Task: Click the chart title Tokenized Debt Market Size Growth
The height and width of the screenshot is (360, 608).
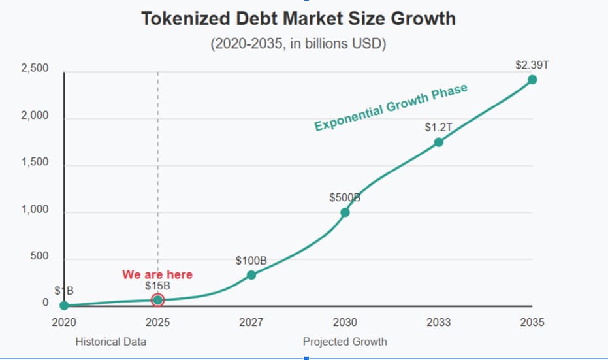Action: (298, 18)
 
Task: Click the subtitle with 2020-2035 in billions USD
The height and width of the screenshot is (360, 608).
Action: (298, 44)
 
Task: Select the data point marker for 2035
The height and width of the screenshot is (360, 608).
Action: (532, 80)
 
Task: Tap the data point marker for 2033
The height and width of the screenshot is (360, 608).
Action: (439, 142)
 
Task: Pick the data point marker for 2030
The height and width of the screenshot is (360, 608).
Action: (345, 212)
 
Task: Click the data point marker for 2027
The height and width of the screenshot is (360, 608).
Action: (251, 274)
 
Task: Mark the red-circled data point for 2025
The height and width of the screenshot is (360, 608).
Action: (157, 300)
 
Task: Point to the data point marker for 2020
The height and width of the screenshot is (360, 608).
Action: (64, 305)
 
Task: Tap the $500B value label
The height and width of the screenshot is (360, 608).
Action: (345, 197)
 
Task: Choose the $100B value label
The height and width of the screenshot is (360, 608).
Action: (251, 260)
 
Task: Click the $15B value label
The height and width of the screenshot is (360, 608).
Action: (157, 286)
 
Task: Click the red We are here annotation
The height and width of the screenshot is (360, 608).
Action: (157, 274)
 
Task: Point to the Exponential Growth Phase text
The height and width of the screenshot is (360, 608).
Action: (391, 108)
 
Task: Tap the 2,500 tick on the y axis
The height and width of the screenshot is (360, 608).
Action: (35, 69)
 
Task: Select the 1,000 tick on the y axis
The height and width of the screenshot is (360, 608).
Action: (35, 210)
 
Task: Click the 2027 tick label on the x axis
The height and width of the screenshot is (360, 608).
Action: (251, 322)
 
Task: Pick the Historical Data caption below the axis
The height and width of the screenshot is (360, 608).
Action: (111, 342)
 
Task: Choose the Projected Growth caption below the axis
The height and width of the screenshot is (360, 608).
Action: (345, 342)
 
